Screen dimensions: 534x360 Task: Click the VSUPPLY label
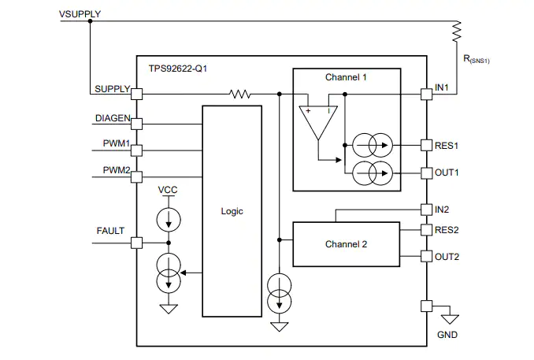pos(80,14)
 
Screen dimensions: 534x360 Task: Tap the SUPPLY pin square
pos(136,94)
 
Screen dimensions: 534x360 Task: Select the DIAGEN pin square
pos(136,124)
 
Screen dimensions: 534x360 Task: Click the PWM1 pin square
pos(136,150)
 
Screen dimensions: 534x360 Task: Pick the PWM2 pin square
pos(136,177)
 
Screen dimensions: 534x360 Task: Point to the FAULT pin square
pos(136,243)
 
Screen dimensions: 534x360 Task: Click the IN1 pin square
pos(426,94)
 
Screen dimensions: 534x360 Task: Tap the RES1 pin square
pos(426,146)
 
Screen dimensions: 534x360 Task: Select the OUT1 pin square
pos(426,173)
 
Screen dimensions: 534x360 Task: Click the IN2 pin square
pos(426,210)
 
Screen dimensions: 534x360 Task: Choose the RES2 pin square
pos(426,230)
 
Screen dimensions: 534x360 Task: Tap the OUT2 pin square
pos(426,256)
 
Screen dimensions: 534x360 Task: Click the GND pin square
pos(426,306)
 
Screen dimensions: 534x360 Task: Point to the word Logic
pos(232,211)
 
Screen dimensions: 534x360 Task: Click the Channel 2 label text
pos(346,244)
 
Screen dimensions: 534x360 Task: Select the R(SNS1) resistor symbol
pos(457,32)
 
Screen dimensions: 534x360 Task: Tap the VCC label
pos(168,190)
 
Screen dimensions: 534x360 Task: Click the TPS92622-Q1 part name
pos(178,69)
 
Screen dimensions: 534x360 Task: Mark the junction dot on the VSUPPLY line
pos(90,21)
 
